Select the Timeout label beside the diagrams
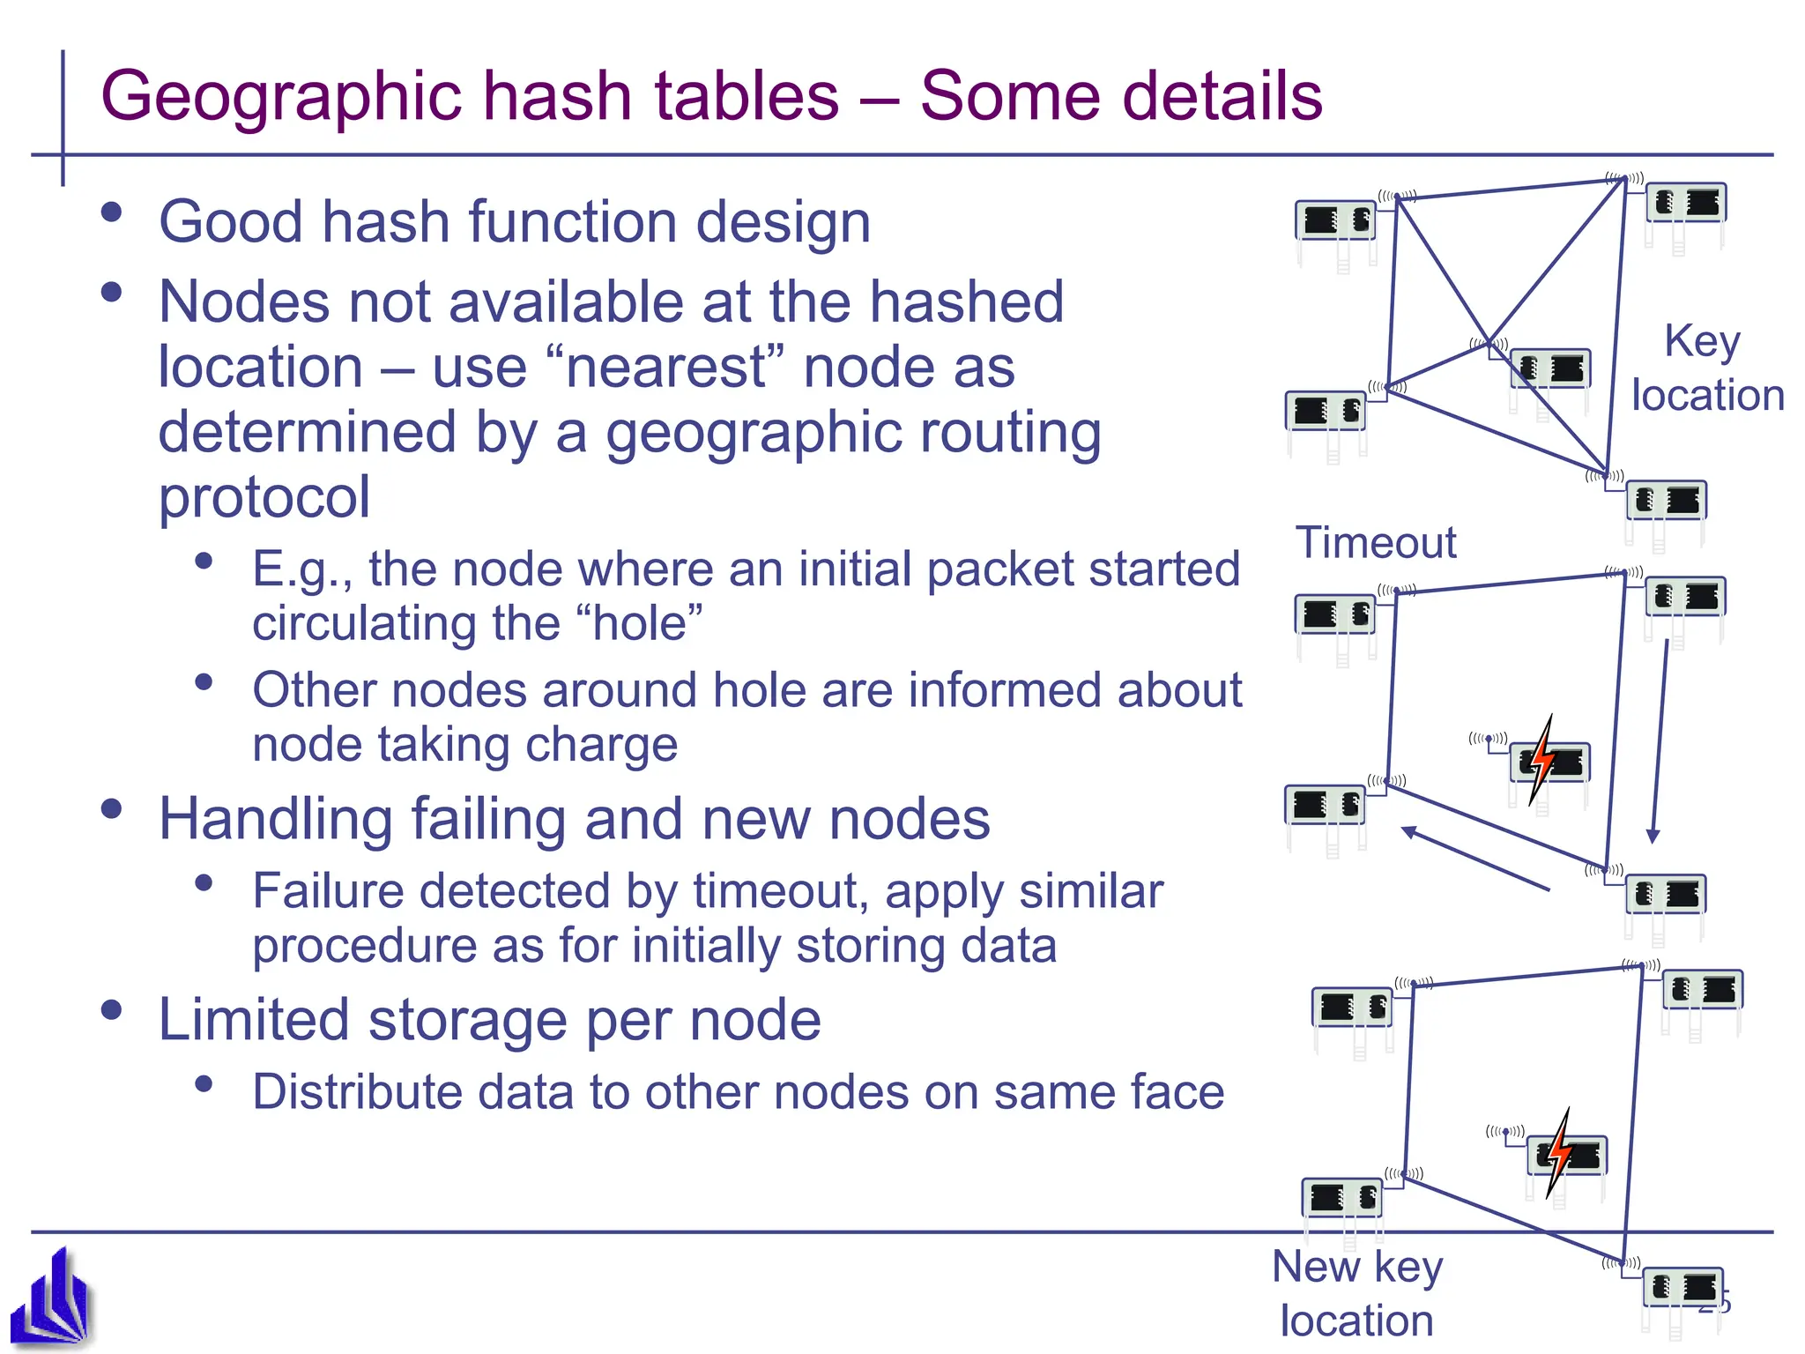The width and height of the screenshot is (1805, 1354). click(1375, 542)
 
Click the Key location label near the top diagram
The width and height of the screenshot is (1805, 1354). click(1706, 368)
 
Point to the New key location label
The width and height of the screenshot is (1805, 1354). click(1357, 1293)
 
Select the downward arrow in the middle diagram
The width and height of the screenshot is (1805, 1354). click(1659, 740)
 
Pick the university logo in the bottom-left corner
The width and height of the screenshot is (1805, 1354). click(51, 1299)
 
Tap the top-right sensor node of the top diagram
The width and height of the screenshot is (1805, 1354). click(1686, 205)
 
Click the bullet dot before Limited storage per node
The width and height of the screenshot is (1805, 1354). click(111, 1010)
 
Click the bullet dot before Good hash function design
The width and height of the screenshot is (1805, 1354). click(111, 212)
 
